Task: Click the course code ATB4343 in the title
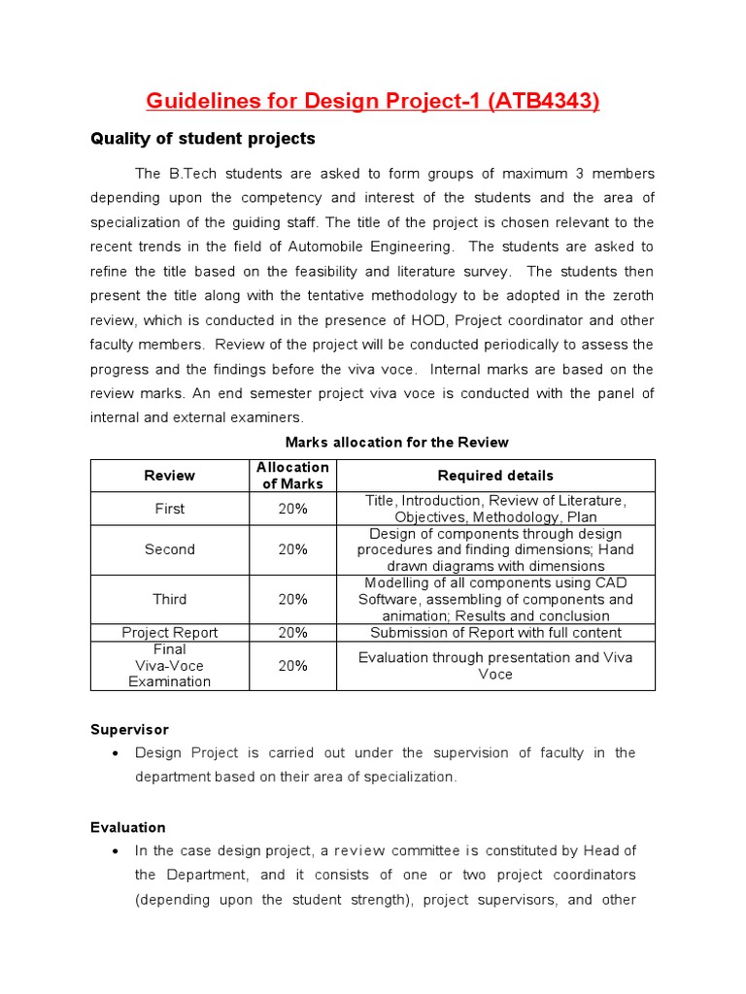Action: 545,101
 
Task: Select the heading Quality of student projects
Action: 203,139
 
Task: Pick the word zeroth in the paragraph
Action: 629,296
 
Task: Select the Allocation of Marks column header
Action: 292,476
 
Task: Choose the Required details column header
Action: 495,476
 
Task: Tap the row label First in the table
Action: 170,509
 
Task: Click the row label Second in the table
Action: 170,549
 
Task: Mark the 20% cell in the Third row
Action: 292,599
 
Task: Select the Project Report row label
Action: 170,632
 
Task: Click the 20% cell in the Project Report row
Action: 292,632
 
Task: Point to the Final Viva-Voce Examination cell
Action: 170,665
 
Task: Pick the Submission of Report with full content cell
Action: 495,632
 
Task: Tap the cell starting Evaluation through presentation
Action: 495,665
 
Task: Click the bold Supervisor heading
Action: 129,728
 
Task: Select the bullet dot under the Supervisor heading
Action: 116,753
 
